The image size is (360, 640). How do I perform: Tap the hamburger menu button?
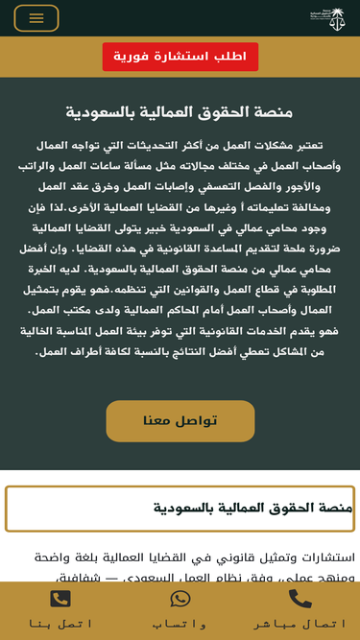tap(36, 18)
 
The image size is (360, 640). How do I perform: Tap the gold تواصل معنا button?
tap(180, 420)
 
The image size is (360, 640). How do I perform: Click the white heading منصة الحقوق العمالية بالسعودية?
tap(180, 112)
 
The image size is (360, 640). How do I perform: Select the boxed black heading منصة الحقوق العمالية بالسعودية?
tap(252, 508)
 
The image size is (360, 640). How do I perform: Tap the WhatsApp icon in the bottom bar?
tap(180, 599)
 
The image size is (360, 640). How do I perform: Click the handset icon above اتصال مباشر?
tap(300, 599)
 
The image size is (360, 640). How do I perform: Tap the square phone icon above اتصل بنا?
tap(60, 599)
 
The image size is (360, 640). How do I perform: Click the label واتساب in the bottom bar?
tap(180, 624)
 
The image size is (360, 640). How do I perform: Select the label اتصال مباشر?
tap(300, 624)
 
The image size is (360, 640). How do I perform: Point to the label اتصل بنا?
tap(60, 624)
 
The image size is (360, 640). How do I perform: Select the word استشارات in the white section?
tap(324, 557)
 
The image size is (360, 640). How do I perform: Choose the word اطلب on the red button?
tap(228, 57)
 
